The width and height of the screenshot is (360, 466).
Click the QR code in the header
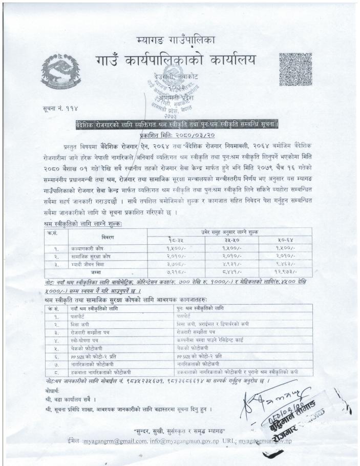295,69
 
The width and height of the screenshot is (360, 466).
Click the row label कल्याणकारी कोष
85,247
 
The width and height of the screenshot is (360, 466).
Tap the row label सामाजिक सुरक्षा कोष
88,256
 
